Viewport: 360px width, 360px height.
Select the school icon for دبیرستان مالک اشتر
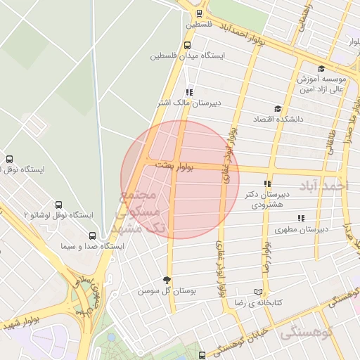point(188,91)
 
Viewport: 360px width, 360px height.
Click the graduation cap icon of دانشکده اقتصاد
point(278,108)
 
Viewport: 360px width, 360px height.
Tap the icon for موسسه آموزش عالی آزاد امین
point(321,69)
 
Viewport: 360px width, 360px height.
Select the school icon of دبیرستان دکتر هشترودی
point(266,182)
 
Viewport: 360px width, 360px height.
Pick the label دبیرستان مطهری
point(300,229)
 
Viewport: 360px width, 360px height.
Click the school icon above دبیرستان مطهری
point(301,218)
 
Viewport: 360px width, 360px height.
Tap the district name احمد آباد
point(333,186)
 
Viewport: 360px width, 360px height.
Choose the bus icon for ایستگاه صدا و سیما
point(92,236)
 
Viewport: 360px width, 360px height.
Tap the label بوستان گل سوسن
point(167,290)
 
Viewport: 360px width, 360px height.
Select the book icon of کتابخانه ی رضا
point(258,291)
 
